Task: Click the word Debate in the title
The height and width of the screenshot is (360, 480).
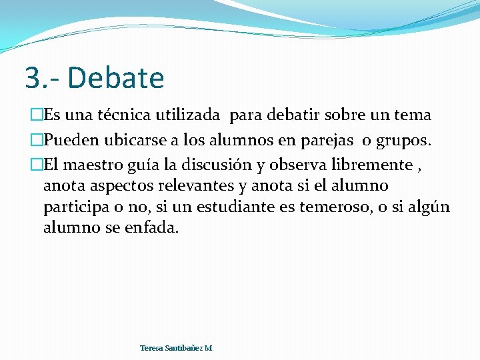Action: tap(116, 78)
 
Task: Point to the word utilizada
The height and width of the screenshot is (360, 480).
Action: tap(193, 115)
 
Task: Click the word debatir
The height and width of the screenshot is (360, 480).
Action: tap(295, 115)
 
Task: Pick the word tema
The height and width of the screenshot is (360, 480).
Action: tap(412, 115)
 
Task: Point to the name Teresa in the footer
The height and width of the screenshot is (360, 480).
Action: tap(151, 348)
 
